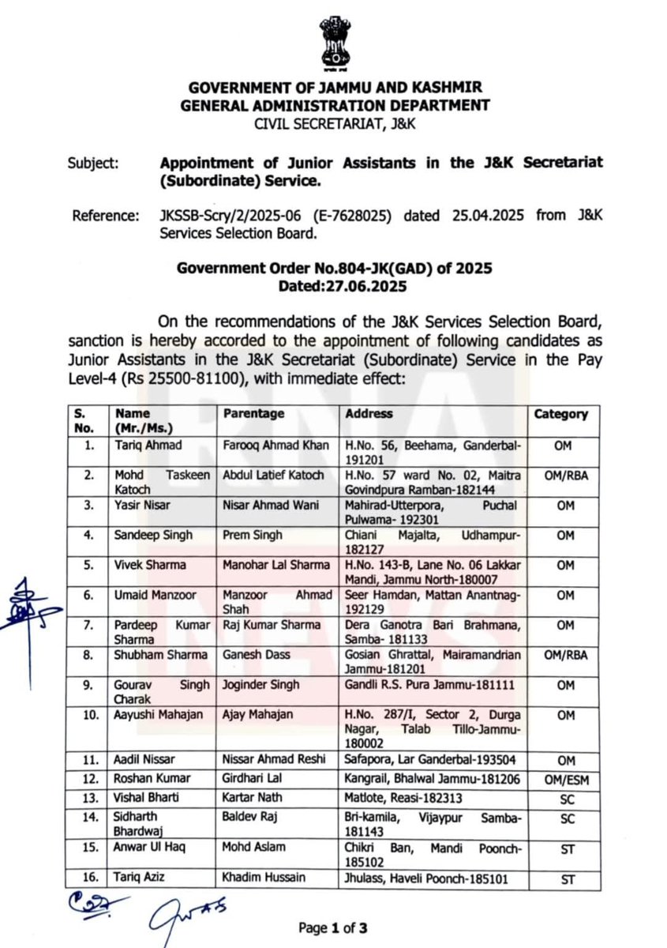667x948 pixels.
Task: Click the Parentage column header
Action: pyautogui.click(x=253, y=414)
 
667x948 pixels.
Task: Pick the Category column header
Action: pyautogui.click(x=560, y=414)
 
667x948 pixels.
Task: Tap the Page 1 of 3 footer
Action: pyautogui.click(x=333, y=927)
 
